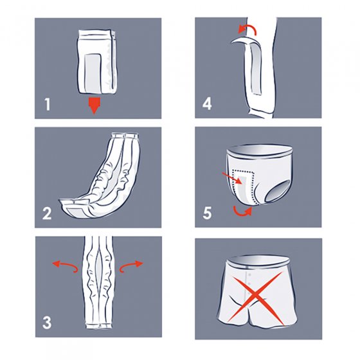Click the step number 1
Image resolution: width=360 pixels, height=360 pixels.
(x=47, y=104)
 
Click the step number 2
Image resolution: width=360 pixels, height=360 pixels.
(x=47, y=213)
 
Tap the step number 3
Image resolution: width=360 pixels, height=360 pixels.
(x=47, y=323)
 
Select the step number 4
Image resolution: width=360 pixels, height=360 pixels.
(x=207, y=104)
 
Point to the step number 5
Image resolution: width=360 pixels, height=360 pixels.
(x=207, y=213)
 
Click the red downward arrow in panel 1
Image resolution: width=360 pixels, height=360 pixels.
(x=94, y=105)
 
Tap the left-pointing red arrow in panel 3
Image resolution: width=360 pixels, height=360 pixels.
(x=65, y=266)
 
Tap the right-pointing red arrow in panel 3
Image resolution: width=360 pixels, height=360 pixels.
(x=131, y=266)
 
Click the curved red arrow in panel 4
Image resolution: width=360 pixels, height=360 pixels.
(x=248, y=29)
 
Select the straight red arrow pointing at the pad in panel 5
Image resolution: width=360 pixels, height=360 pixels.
(x=232, y=178)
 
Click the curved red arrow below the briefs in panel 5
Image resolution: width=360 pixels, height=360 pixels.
(x=243, y=212)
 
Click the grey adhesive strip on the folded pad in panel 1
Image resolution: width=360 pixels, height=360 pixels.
(x=93, y=72)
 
